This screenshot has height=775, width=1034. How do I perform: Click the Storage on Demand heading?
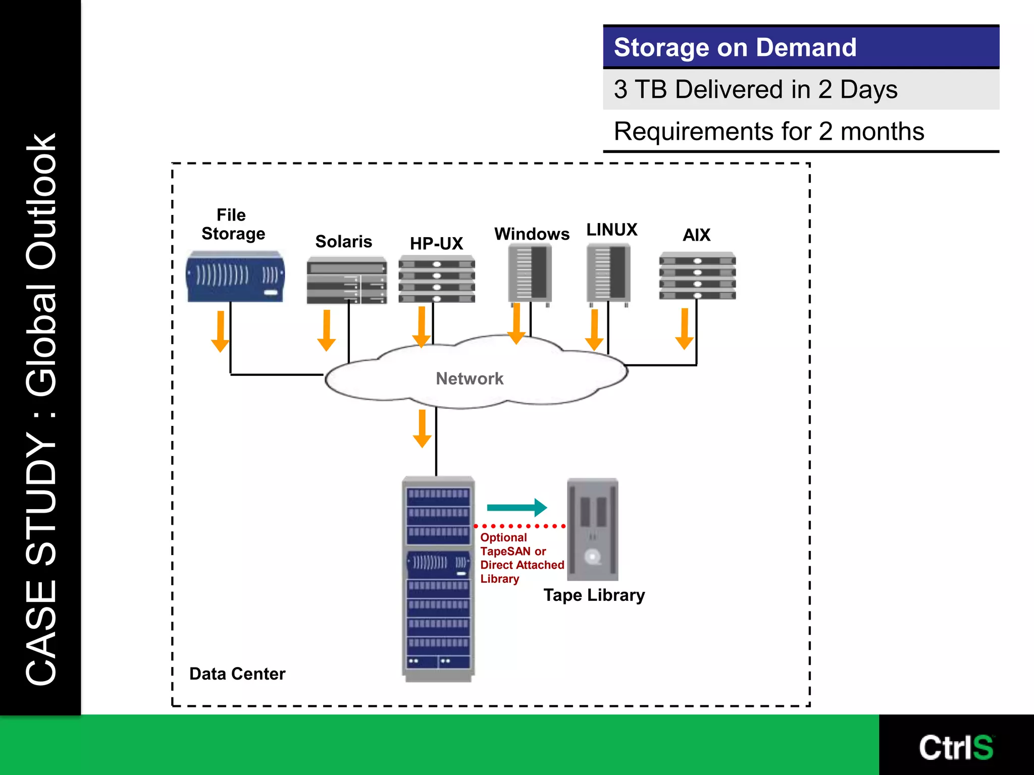pyautogui.click(x=735, y=47)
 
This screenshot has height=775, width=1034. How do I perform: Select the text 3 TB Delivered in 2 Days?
pyautogui.click(x=755, y=90)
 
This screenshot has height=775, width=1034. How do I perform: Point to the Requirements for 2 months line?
pyautogui.click(x=768, y=132)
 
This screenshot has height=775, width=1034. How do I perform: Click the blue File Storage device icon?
pyautogui.click(x=235, y=276)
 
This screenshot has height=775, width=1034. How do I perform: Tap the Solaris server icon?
pyautogui.click(x=346, y=281)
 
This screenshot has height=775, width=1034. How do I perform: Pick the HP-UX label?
pyautogui.click(x=436, y=244)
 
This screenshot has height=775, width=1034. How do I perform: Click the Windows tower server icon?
pyautogui.click(x=530, y=273)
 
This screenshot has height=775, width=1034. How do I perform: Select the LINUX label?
pyautogui.click(x=611, y=230)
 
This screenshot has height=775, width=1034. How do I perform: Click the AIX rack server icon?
pyautogui.click(x=697, y=275)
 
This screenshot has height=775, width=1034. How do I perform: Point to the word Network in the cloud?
pyautogui.click(x=470, y=379)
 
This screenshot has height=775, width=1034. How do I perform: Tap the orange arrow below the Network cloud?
pyautogui.click(x=422, y=429)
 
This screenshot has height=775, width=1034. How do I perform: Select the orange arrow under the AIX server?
pyautogui.click(x=684, y=329)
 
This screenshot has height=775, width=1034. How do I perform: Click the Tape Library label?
pyautogui.click(x=594, y=595)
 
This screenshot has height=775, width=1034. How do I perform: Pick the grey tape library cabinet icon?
pyautogui.click(x=592, y=529)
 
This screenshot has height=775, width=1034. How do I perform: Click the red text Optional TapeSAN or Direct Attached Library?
pyautogui.click(x=521, y=558)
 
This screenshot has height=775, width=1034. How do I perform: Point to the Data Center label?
pyautogui.click(x=237, y=674)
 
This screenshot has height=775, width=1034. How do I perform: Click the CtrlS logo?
pyautogui.click(x=955, y=747)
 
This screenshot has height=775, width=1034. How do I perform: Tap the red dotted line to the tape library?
pyautogui.click(x=520, y=526)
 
